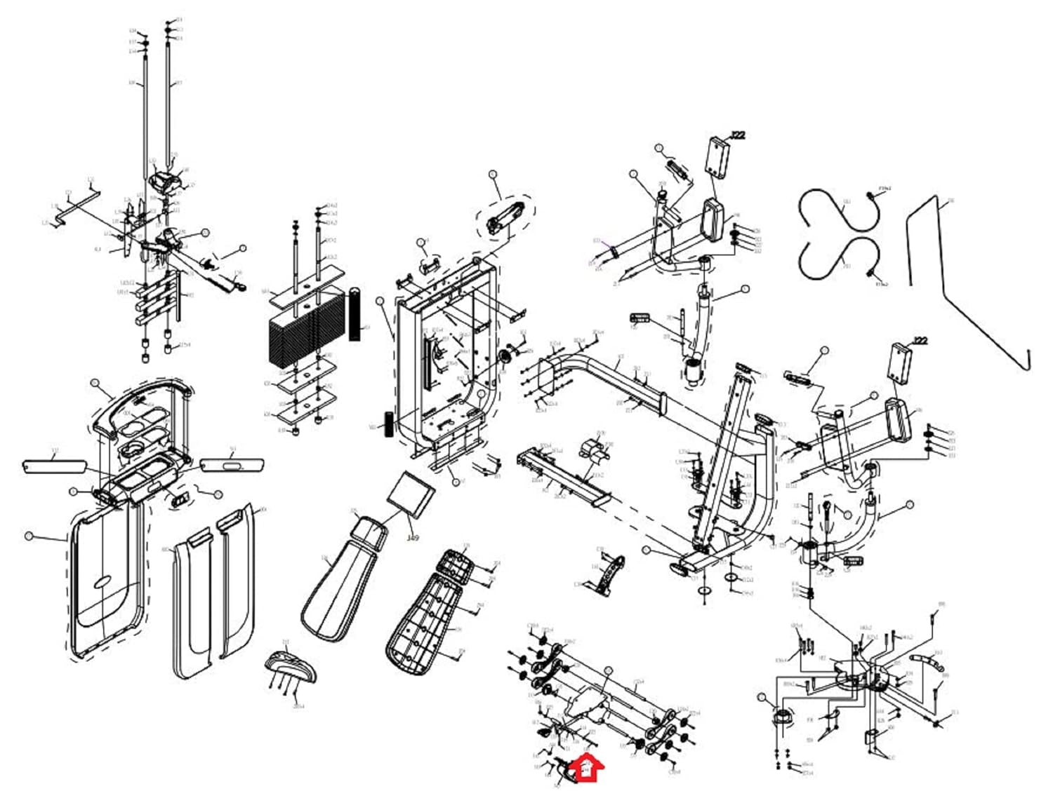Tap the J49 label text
point(413,538)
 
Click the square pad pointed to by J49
point(411,494)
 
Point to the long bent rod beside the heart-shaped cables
point(969,280)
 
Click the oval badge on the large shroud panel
point(102,582)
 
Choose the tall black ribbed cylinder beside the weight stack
point(355,313)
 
